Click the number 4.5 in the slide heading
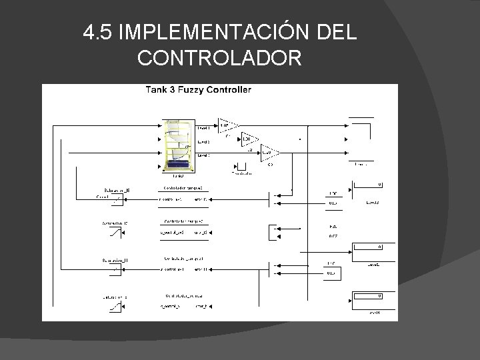pyautogui.click(x=97, y=32)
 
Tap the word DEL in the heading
pyautogui.click(x=333, y=32)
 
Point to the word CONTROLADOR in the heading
pyautogui.click(x=220, y=59)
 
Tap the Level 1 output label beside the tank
pyautogui.click(x=204, y=127)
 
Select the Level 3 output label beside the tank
pyautogui.click(x=204, y=155)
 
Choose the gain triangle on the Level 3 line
pyautogui.click(x=267, y=152)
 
